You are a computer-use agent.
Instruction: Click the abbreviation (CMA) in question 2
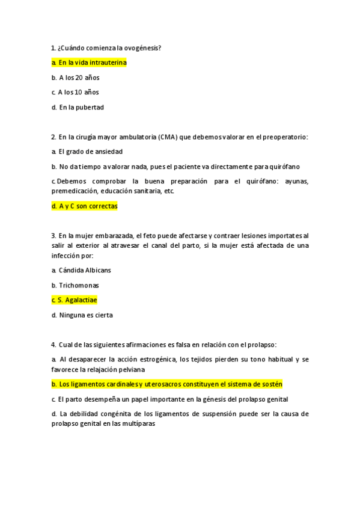coord(171,137)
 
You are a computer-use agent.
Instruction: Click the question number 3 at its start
coord(53,236)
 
